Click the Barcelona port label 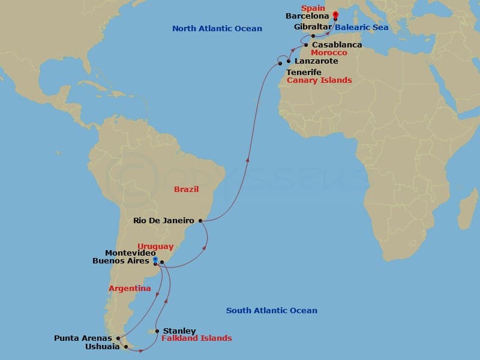click(x=307, y=17)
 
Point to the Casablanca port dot click(x=306, y=45)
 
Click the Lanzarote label click(x=316, y=61)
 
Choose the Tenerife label click(x=304, y=72)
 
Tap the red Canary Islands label click(x=319, y=80)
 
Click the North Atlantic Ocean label click(x=217, y=29)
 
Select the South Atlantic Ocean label click(x=271, y=311)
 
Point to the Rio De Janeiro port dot click(x=200, y=221)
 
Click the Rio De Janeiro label click(x=164, y=221)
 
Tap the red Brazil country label click(x=186, y=190)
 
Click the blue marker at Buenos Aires click(x=155, y=260)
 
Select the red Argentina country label click(x=130, y=289)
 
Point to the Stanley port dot click(x=157, y=331)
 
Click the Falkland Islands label click(x=196, y=338)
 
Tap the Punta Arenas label click(x=82, y=338)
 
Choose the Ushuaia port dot click(x=125, y=346)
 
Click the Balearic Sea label click(x=361, y=28)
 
